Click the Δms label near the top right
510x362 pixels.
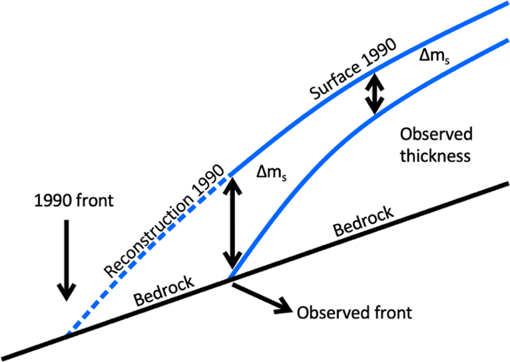click(x=435, y=58)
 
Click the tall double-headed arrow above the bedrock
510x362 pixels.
click(x=232, y=224)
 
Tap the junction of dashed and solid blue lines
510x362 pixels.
click(x=230, y=174)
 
